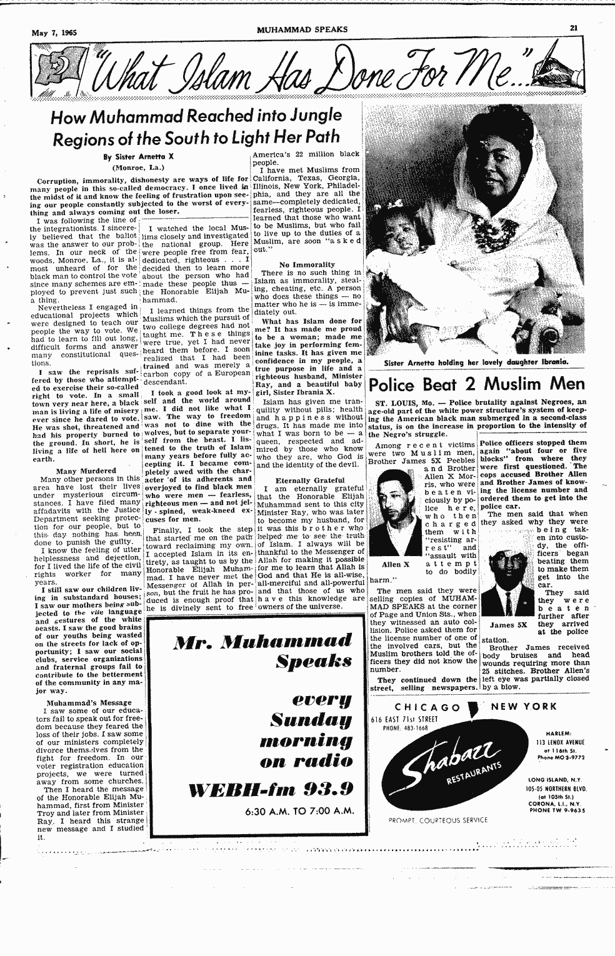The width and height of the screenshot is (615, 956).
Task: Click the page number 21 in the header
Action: pos(573,27)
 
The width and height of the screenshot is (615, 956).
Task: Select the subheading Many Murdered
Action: pos(86,471)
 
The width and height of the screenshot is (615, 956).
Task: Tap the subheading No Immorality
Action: pos(307,264)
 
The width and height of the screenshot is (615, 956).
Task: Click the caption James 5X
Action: pos(507,624)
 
